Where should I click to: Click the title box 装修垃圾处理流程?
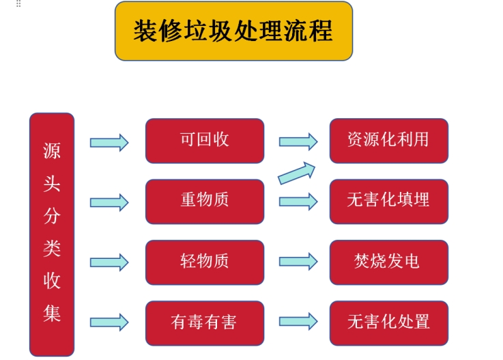point(233,31)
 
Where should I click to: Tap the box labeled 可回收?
point(204,141)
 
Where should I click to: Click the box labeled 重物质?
point(204,202)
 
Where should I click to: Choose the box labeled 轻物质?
point(204,262)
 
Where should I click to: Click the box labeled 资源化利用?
point(388,141)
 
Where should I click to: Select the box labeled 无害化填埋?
point(388,202)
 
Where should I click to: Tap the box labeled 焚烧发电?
point(388,262)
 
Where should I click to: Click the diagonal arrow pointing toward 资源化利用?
point(298,173)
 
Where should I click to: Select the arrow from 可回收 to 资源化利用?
point(298,142)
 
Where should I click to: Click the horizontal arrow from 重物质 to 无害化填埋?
point(298,202)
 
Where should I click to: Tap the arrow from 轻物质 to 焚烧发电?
point(298,262)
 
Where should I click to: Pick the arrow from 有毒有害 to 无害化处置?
point(298,322)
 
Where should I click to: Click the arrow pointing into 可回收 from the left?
point(109,142)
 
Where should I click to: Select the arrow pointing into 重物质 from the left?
point(109,202)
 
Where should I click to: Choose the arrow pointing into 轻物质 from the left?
point(109,262)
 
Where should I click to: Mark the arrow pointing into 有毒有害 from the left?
point(109,322)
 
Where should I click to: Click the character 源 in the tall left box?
point(52,151)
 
